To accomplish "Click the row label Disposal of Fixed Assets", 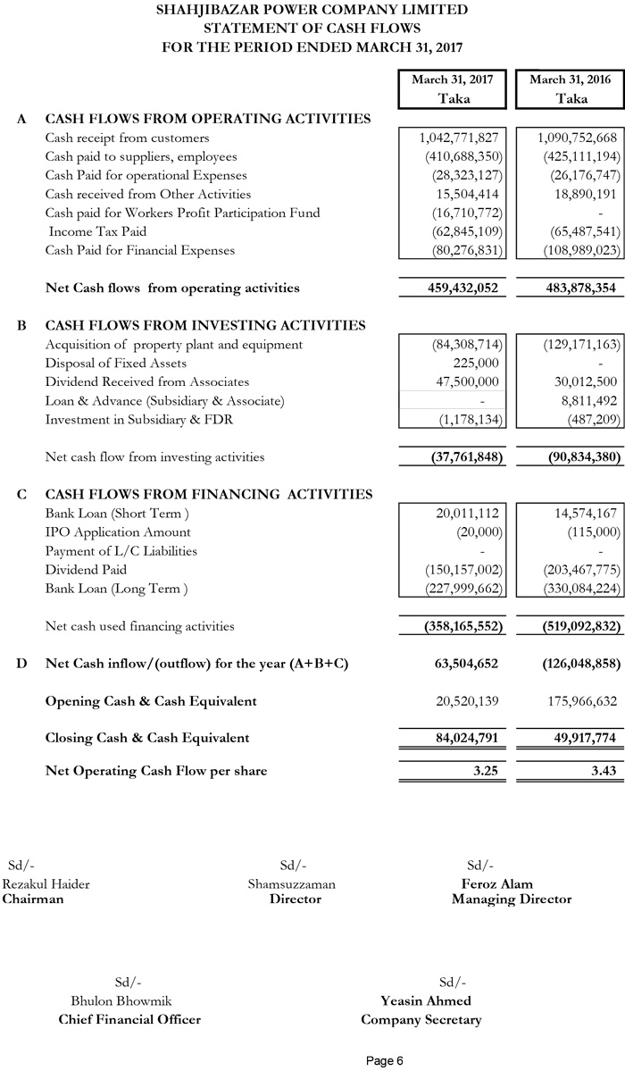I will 116,363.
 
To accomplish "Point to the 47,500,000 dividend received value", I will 464,382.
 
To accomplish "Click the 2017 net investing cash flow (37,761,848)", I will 455,457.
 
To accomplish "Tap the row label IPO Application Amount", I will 118,532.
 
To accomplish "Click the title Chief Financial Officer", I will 129,1020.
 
